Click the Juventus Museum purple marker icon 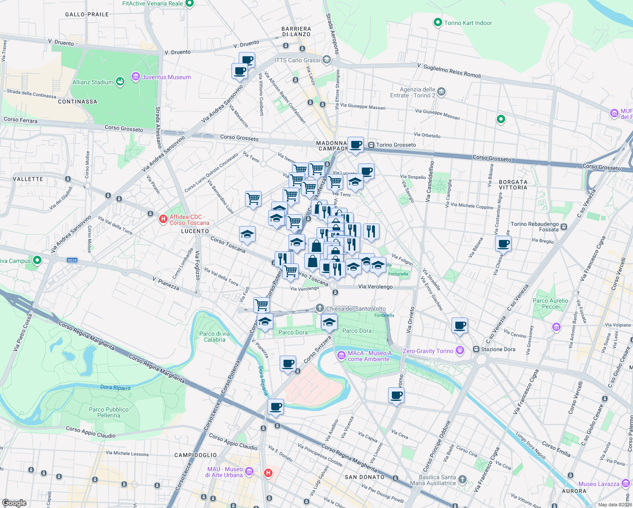tap(136, 77)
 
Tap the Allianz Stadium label tap(93, 82)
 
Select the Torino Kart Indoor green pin tap(438, 22)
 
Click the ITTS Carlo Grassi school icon tap(326, 60)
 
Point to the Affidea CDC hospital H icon tap(163, 219)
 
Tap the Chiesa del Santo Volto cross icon tap(320, 308)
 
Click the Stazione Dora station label tap(498, 349)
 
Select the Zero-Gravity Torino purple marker tap(460, 351)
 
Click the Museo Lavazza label tap(598, 484)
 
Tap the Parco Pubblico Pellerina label tap(109, 412)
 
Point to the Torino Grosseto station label tap(396, 145)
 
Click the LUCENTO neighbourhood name tap(195, 231)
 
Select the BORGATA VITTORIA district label tap(513, 185)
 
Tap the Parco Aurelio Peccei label tap(550, 304)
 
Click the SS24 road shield tap(72, 260)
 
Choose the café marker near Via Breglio tap(503, 244)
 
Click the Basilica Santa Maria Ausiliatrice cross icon tap(462, 479)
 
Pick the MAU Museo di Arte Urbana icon tap(249, 471)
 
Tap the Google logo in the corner tap(14, 503)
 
